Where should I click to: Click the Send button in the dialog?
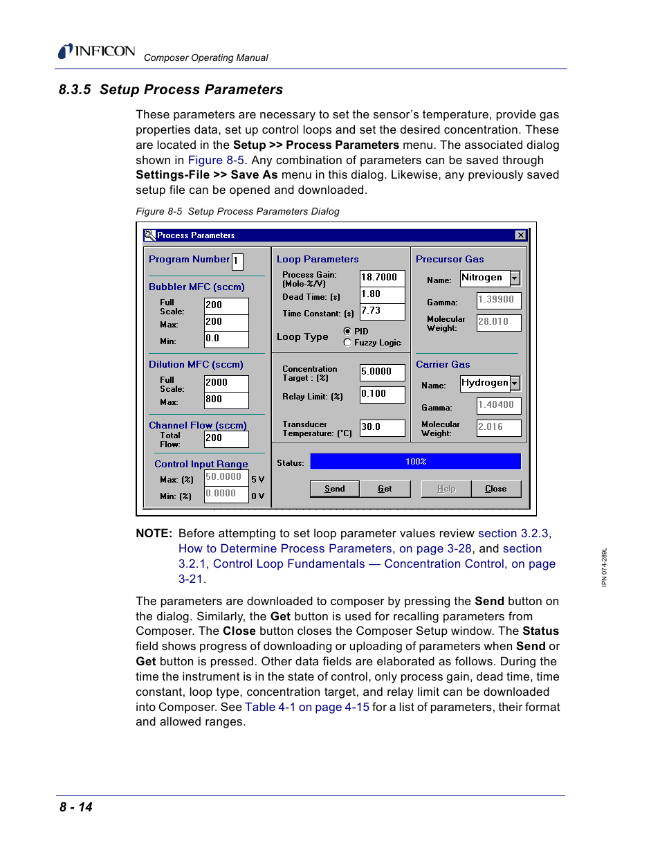[334, 489]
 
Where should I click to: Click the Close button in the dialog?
[495, 489]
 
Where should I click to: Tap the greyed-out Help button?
[446, 489]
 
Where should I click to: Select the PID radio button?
[347, 332]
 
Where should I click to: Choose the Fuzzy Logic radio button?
[347, 343]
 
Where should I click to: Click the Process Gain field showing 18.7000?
[382, 278]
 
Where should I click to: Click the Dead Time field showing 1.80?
[382, 294]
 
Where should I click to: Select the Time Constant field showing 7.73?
[382, 311]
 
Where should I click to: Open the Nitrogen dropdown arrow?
[515, 278]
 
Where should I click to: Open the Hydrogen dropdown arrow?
[515, 384]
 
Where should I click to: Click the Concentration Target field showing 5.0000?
[382, 372]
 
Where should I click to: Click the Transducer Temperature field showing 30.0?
[382, 427]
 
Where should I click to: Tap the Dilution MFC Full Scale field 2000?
[226, 383]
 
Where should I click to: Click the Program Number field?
[237, 261]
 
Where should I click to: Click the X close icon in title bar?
[521, 235]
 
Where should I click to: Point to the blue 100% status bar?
[415, 462]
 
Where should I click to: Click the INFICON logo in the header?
[97, 51]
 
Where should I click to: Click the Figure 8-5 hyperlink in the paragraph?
[216, 160]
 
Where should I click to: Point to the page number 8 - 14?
[76, 807]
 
